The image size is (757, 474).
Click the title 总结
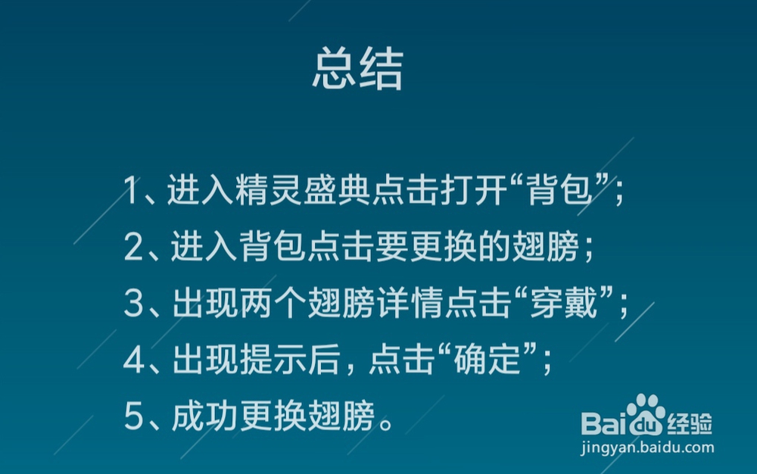tap(358, 69)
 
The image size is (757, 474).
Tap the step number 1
tap(131, 190)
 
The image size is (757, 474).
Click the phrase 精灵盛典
tap(303, 190)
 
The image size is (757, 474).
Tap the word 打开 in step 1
tap(474, 190)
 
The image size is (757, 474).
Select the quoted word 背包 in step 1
tap(559, 190)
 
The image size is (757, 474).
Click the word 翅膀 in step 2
tap(546, 247)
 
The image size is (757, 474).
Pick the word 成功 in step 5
tap(204, 416)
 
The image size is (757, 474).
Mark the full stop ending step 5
tap(387, 423)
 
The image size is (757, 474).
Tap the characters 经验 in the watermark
tap(690, 424)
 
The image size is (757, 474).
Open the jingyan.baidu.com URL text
tap(647, 447)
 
